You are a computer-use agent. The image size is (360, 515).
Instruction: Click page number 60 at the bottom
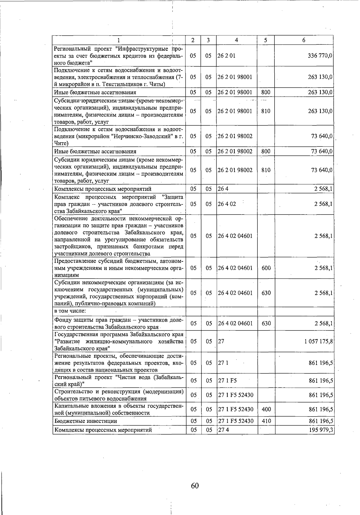[x=195, y=486]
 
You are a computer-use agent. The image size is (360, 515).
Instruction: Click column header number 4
[x=236, y=40]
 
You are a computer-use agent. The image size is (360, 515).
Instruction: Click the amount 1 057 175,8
[x=318, y=342]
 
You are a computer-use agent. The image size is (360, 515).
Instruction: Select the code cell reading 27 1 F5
[x=227, y=381]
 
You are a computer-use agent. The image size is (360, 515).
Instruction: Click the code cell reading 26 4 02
[x=227, y=204]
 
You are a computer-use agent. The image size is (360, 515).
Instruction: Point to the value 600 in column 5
[x=266, y=268]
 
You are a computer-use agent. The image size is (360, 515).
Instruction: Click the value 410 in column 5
[x=266, y=421]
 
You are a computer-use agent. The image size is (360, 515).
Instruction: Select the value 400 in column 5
[x=266, y=409]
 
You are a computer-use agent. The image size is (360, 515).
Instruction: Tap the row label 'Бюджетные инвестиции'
[x=85, y=421]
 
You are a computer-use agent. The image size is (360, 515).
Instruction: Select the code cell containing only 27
[x=221, y=342]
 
